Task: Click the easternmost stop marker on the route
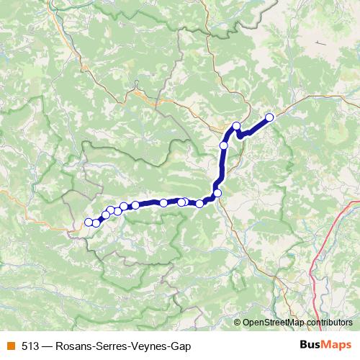pyautogui.click(x=270, y=117)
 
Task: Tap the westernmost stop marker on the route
pyautogui.click(x=89, y=222)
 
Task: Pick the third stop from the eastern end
pyautogui.click(x=223, y=145)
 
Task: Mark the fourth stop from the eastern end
pyautogui.click(x=217, y=193)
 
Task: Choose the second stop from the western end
pyautogui.click(x=96, y=222)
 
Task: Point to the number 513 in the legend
pyautogui.click(x=30, y=346)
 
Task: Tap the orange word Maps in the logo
pyautogui.click(x=336, y=346)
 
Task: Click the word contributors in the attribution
pyautogui.click(x=329, y=322)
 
